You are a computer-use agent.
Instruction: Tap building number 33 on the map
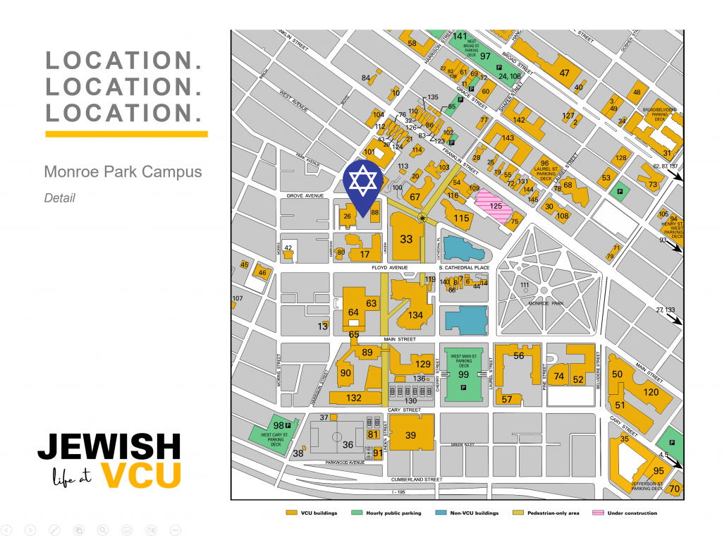[x=406, y=239]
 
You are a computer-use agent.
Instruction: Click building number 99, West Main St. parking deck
[x=463, y=374]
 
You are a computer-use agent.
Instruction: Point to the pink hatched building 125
[x=496, y=206]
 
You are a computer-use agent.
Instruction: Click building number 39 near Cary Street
[x=410, y=436]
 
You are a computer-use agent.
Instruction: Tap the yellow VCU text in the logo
[x=141, y=475]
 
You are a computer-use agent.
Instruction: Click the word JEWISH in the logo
[x=109, y=446]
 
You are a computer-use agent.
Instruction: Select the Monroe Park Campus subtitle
[x=123, y=172]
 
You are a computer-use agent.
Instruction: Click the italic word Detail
[x=59, y=198]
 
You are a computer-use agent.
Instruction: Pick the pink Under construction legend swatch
[x=598, y=513]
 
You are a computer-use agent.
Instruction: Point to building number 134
[x=415, y=315]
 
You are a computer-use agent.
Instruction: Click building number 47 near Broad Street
[x=564, y=73]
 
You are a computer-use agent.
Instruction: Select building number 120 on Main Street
[x=651, y=392]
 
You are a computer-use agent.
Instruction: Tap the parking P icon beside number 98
[x=288, y=425]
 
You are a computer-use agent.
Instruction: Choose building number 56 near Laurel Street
[x=519, y=356]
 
